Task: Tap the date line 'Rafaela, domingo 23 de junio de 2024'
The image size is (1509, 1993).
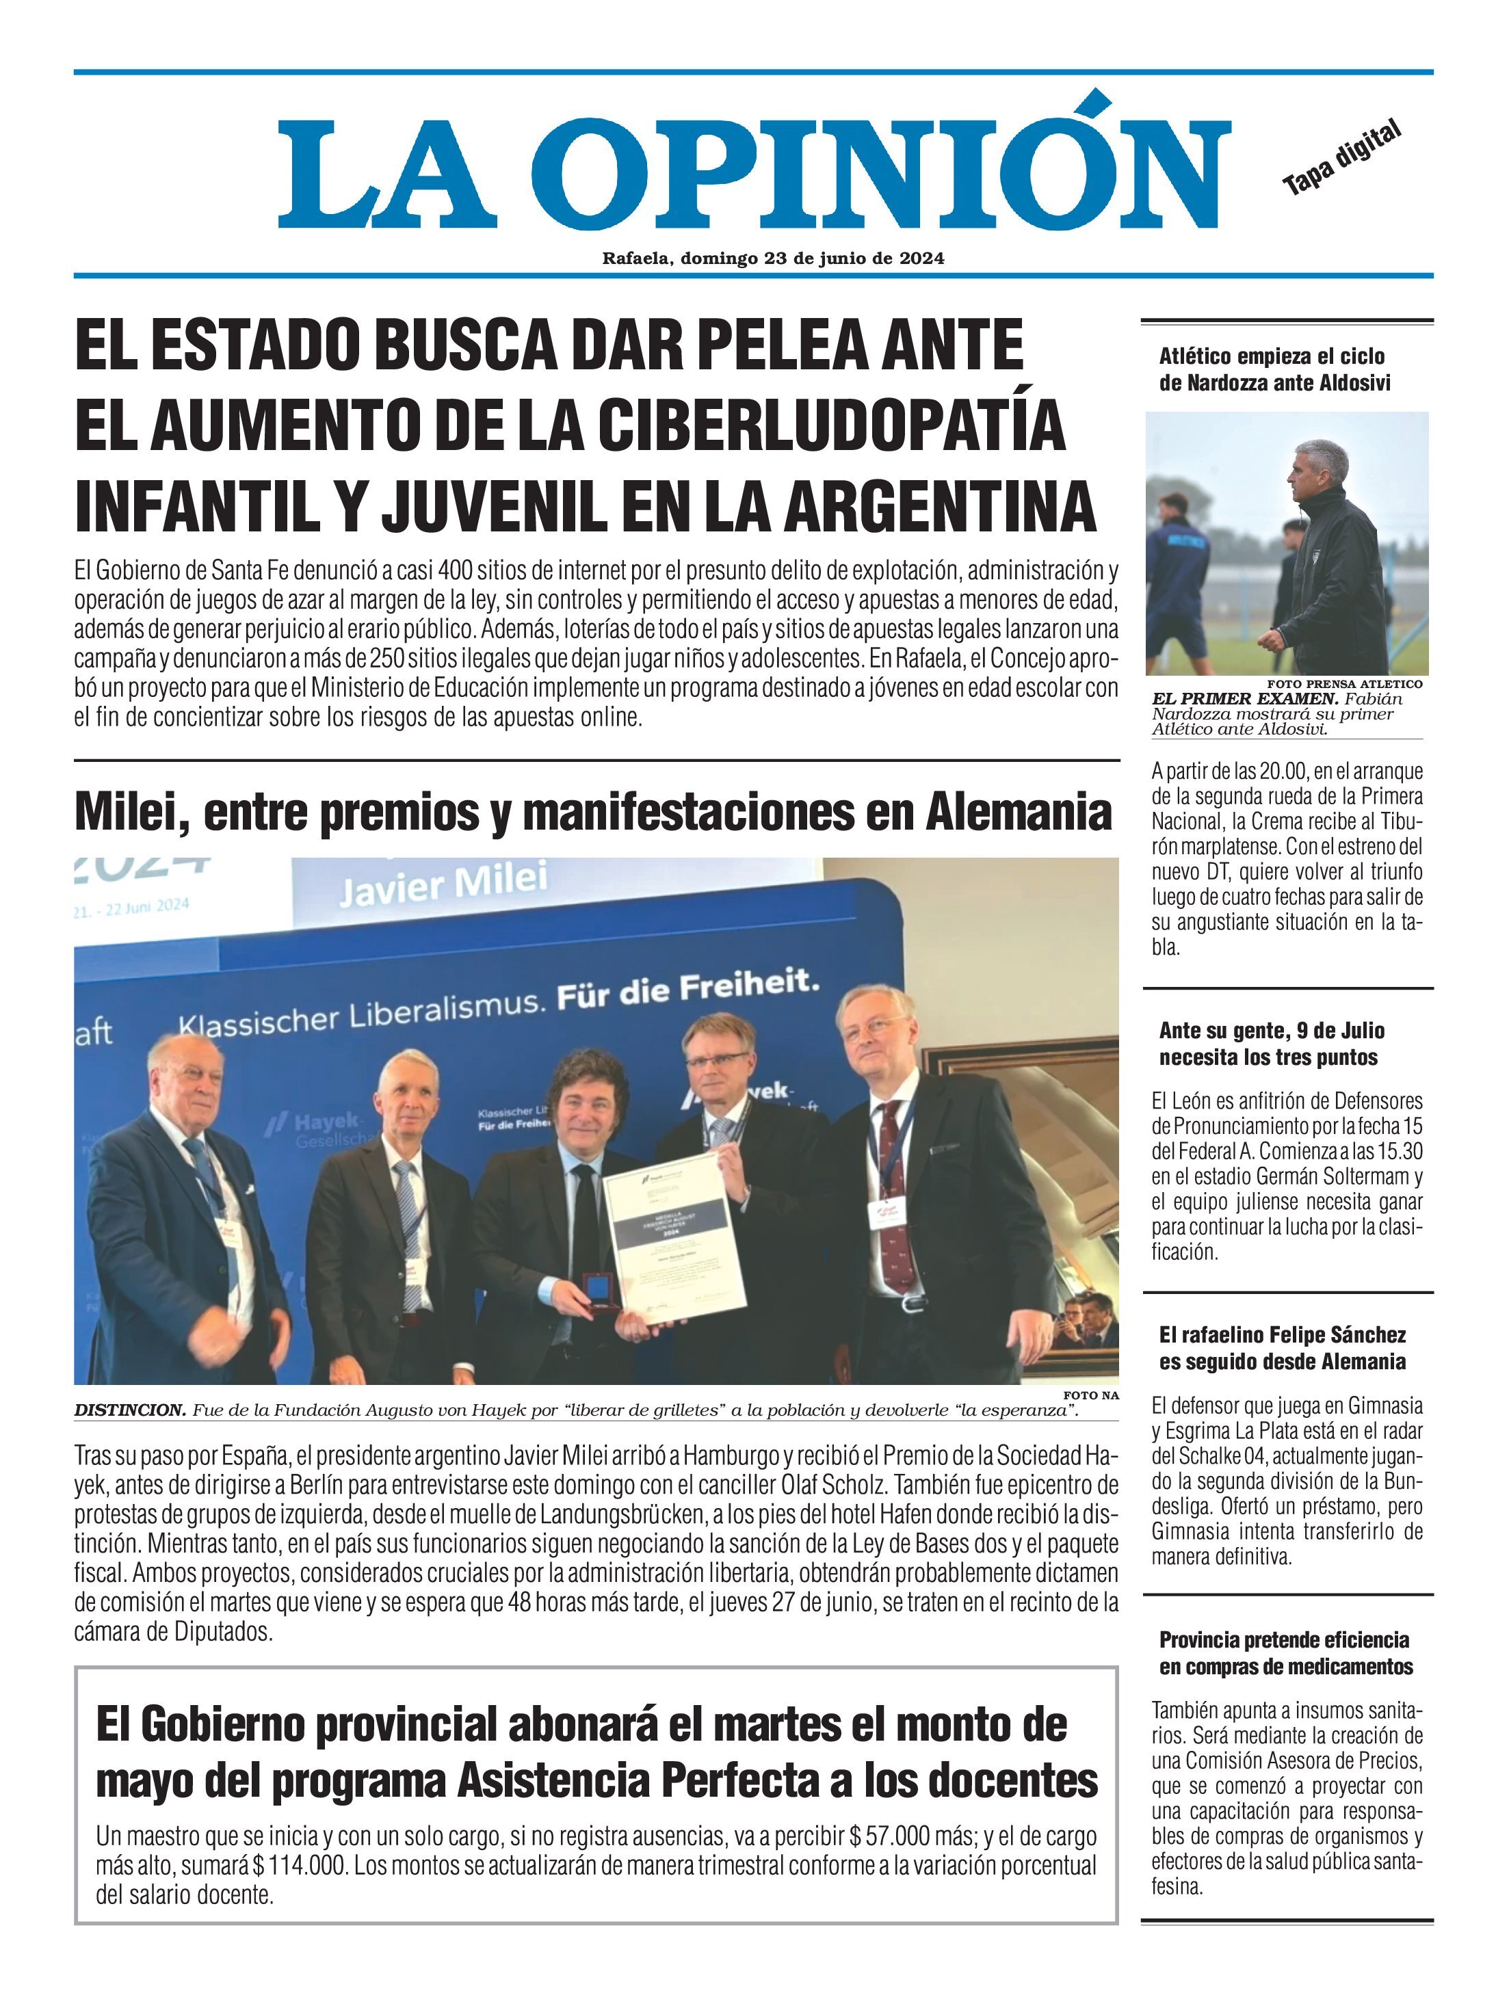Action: tap(773, 259)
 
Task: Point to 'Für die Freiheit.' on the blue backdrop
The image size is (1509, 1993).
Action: tap(687, 989)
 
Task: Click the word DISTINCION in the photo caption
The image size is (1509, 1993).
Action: tap(129, 1410)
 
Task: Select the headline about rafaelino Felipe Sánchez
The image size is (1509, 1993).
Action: tap(1282, 1348)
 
